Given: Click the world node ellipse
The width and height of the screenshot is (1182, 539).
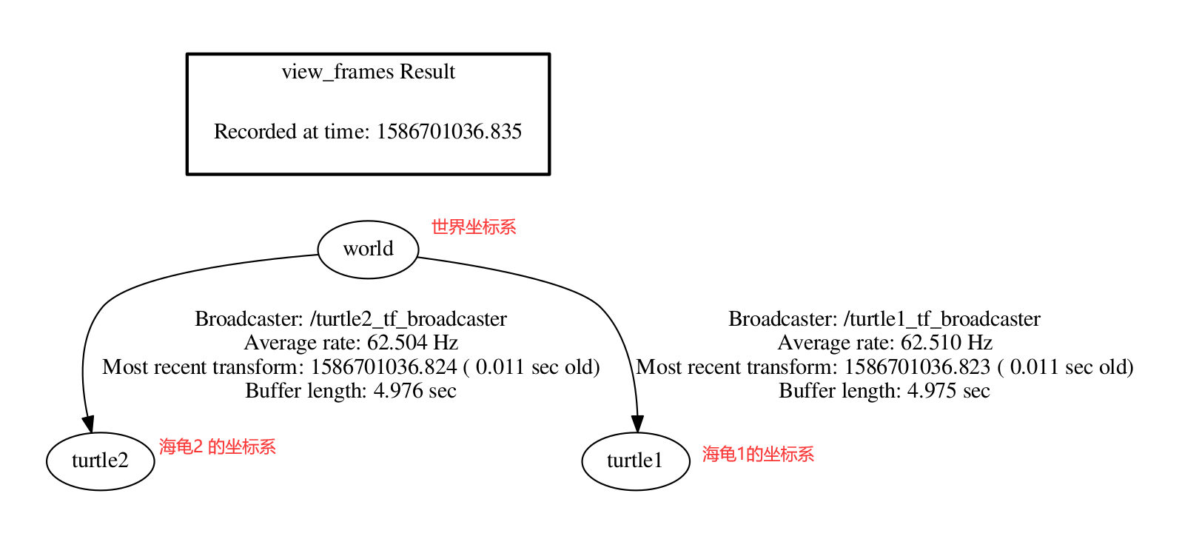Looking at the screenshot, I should pyautogui.click(x=368, y=250).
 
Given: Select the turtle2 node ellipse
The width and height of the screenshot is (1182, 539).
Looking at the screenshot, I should pyautogui.click(x=100, y=461).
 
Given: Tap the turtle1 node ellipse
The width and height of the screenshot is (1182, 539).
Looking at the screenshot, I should pyautogui.click(x=635, y=461).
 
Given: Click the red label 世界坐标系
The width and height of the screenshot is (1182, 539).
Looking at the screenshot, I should pyautogui.click(x=474, y=227).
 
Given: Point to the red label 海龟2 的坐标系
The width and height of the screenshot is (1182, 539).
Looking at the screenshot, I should pyautogui.click(x=217, y=447).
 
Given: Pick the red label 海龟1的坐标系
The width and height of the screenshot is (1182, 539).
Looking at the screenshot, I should pyautogui.click(x=758, y=454).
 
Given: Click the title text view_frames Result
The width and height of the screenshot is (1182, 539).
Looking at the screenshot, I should pyautogui.click(x=368, y=72).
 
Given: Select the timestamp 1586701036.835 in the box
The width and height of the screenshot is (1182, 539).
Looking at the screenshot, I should pyautogui.click(x=449, y=132).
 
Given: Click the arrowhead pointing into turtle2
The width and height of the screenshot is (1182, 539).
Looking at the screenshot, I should pyautogui.click(x=88, y=423).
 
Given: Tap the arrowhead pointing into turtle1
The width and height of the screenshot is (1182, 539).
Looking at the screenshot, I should pyautogui.click(x=637, y=423).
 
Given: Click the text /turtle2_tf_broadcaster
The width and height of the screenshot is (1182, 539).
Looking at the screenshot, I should pyautogui.click(x=408, y=319).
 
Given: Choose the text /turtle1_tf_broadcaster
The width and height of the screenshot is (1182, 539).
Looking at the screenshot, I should pyautogui.click(x=941, y=319).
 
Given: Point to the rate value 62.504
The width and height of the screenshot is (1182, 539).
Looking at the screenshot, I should pyautogui.click(x=397, y=343).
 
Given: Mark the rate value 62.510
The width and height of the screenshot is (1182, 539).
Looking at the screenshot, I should pyautogui.click(x=931, y=343).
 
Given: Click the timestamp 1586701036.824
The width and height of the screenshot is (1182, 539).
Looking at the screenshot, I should pyautogui.click(x=383, y=367).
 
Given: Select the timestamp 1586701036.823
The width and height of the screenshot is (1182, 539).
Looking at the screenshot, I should pyautogui.click(x=917, y=367).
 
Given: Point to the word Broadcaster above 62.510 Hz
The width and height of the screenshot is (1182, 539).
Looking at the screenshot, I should pyautogui.click(x=782, y=319).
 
